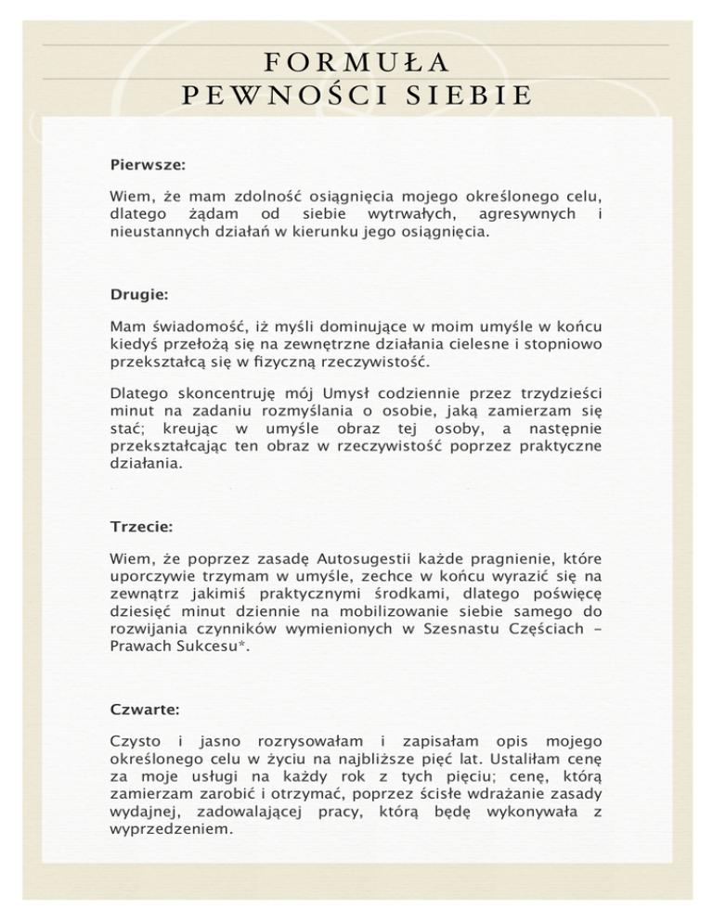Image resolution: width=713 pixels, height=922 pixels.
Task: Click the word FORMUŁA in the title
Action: [x=357, y=61]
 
